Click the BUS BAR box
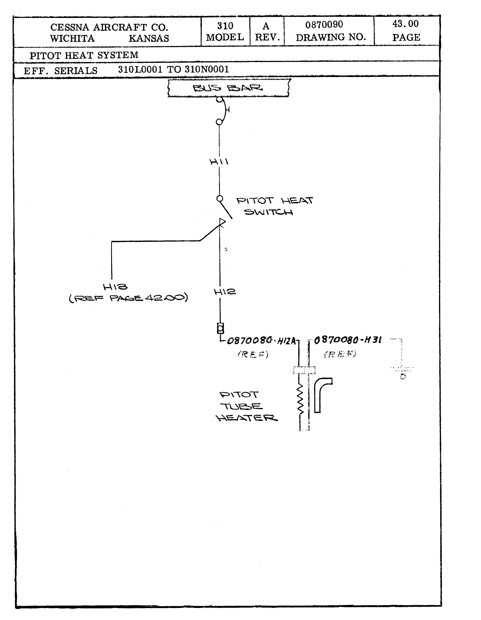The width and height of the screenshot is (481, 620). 228,88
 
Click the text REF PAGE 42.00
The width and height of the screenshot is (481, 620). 128,298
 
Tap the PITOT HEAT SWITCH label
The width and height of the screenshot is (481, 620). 274,206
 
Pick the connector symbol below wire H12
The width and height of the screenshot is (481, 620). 220,329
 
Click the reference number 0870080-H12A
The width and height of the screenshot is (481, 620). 261,341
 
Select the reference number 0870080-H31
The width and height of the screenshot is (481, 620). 347,340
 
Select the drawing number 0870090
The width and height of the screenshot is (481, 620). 324,25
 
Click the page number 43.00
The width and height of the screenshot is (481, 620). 405,24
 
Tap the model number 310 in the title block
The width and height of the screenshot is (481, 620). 225,26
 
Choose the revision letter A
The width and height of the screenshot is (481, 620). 266,26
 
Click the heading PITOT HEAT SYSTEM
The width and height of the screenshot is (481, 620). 84,55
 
